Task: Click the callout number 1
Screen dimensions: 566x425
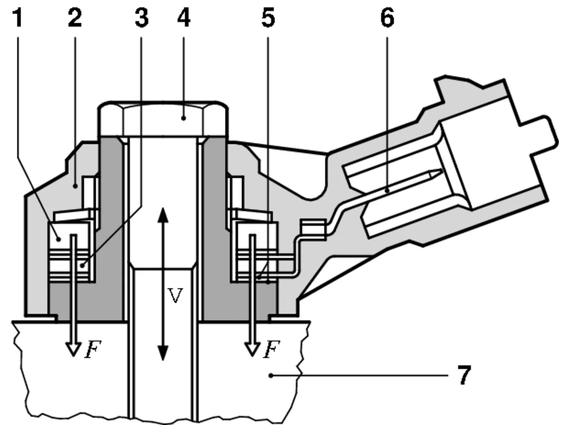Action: pyautogui.click(x=18, y=18)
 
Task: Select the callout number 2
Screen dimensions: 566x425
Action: pyautogui.click(x=75, y=18)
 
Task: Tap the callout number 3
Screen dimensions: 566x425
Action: pyautogui.click(x=142, y=18)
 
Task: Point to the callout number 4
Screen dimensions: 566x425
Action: pyautogui.click(x=184, y=18)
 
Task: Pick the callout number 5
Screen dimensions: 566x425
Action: pyautogui.click(x=268, y=18)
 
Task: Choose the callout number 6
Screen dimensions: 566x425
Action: pyautogui.click(x=387, y=18)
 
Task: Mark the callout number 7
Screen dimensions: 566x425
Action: pyautogui.click(x=464, y=375)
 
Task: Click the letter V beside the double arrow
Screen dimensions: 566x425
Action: pyautogui.click(x=176, y=295)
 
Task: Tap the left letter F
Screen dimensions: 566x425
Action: pyautogui.click(x=93, y=349)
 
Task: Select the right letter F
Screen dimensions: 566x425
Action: pyautogui.click(x=271, y=349)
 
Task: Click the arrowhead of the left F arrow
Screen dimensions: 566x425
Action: pyautogui.click(x=74, y=350)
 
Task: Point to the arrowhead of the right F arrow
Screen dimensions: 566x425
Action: pyautogui.click(x=252, y=350)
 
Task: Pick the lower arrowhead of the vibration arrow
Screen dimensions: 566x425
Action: pyautogui.click(x=163, y=353)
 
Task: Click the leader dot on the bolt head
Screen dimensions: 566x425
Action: pyautogui.click(x=184, y=118)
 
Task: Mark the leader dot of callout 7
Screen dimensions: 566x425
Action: pyautogui.click(x=271, y=376)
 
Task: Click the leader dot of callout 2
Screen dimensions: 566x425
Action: pyautogui.click(x=75, y=186)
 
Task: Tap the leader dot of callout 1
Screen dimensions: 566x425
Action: pyautogui.click(x=59, y=240)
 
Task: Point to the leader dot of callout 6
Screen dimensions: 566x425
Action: pyautogui.click(x=387, y=191)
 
